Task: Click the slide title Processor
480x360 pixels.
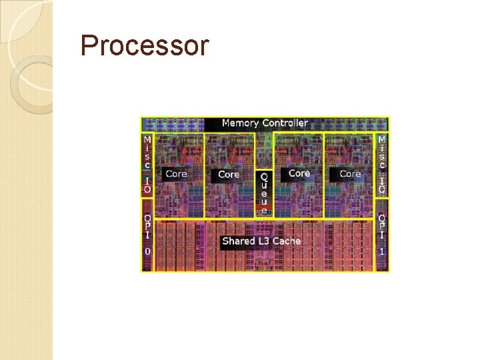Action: (144, 46)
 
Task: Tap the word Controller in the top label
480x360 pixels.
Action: (285, 123)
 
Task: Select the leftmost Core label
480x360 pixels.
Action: (176, 173)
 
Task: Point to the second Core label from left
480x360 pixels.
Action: (229, 174)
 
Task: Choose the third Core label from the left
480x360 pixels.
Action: (299, 173)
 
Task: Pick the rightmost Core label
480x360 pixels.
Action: (350, 173)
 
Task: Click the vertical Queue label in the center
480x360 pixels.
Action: (264, 193)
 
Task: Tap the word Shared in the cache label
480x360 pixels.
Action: (237, 241)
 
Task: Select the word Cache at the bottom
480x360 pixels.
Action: (287, 241)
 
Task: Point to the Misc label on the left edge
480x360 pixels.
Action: (147, 151)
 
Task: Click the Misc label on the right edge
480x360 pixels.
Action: (382, 151)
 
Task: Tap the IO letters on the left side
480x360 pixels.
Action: (147, 185)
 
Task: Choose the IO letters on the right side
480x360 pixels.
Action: (382, 185)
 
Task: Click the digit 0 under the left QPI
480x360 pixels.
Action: (147, 251)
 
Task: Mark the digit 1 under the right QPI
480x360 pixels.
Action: (382, 251)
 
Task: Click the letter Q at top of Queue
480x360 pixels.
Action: (264, 177)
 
